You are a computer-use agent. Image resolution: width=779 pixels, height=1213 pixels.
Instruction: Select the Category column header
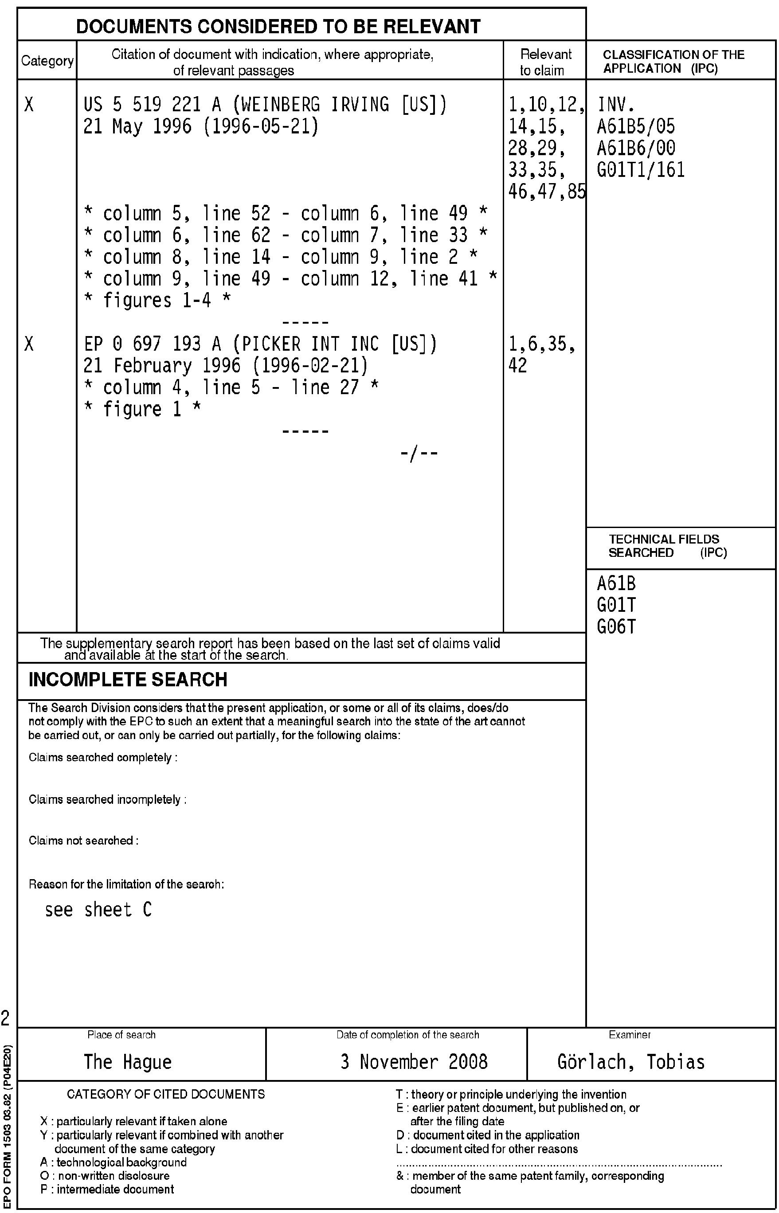pos(47,61)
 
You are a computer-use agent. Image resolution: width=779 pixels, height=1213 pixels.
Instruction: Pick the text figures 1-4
pos(157,301)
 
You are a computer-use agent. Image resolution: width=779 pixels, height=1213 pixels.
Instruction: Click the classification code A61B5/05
pos(636,126)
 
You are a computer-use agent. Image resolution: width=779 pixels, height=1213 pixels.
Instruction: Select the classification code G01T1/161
pos(641,170)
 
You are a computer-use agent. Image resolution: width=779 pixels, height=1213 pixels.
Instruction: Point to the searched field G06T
pos(616,627)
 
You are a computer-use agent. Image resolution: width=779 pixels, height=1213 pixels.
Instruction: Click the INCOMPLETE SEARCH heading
pos(128,680)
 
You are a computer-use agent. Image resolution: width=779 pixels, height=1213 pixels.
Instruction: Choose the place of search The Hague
pos(128,1061)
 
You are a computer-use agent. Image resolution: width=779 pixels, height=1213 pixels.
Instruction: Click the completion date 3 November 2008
pos(414,1061)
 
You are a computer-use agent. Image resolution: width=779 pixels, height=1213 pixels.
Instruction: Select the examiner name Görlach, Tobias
pos(631,1061)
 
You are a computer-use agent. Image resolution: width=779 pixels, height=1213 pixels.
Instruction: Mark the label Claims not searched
pos(83,841)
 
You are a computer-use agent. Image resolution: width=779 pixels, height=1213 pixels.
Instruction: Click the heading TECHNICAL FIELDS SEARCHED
pos(664,546)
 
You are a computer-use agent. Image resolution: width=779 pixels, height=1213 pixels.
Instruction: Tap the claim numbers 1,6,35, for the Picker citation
pos(542,344)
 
